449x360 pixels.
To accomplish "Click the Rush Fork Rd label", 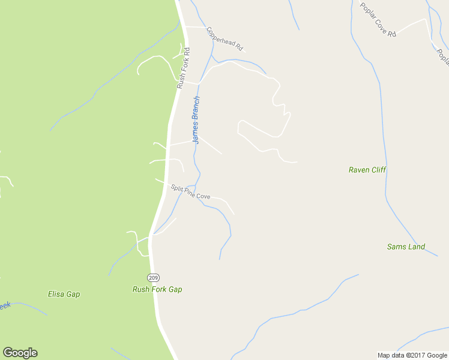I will [183, 68].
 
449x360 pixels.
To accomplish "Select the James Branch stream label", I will [196, 119].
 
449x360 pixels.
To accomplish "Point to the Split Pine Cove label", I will [190, 192].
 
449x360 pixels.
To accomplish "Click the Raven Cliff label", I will [367, 170].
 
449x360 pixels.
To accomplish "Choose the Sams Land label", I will [406, 247].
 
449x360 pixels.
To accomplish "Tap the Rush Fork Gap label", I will [157, 289].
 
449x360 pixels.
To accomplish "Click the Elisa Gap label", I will [64, 294].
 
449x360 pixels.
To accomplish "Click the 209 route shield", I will [152, 277].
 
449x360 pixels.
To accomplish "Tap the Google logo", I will [20, 353].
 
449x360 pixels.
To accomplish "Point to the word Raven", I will [359, 170].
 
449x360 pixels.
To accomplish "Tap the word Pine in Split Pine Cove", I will [191, 193].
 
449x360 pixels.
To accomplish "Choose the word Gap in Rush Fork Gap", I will [175, 289].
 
